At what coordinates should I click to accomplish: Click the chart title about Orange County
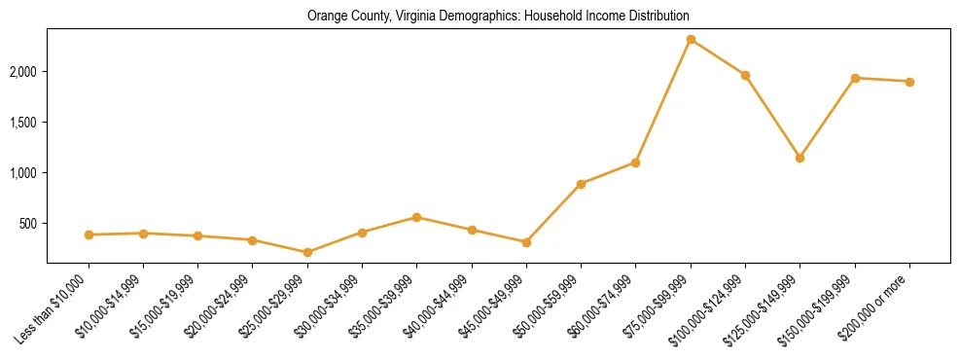click(x=498, y=17)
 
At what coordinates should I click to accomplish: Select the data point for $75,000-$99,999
click(x=691, y=40)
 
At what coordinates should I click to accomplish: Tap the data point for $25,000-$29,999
click(x=307, y=252)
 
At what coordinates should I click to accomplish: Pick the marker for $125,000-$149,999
click(x=800, y=158)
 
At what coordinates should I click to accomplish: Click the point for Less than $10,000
click(x=89, y=234)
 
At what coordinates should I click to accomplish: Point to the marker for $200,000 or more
click(x=909, y=82)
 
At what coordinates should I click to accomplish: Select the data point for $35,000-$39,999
click(x=416, y=217)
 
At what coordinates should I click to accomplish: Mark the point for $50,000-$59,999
click(x=581, y=184)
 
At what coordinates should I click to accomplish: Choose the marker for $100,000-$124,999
click(x=745, y=75)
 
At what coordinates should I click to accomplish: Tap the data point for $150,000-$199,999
click(x=855, y=78)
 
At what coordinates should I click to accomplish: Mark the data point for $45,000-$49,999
click(x=526, y=242)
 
